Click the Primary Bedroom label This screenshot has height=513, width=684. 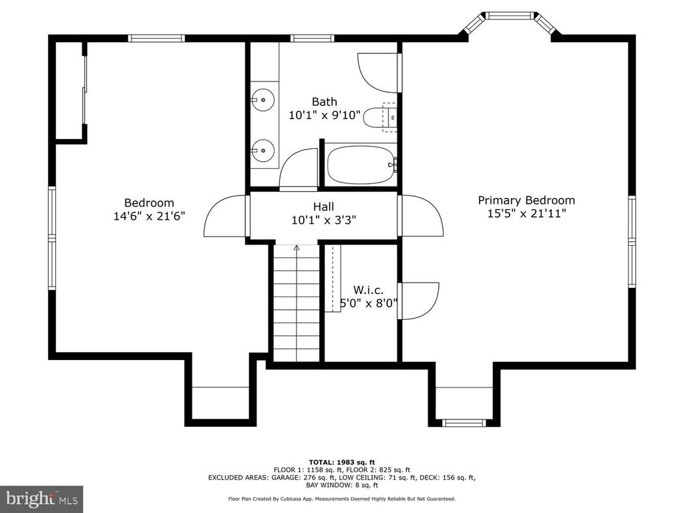point(526,200)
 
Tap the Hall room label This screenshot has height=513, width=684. point(324,207)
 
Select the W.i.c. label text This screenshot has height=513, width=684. point(368,290)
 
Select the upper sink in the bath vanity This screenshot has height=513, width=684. point(263,100)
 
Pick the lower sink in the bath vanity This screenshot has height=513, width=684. point(263,150)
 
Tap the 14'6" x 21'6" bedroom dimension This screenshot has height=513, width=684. point(150,216)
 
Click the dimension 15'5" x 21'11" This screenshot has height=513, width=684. point(526,213)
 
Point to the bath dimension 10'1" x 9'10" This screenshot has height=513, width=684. point(325,115)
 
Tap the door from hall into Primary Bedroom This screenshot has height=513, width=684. point(421,216)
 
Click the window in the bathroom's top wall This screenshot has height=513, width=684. point(313,38)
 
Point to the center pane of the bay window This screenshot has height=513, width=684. point(510,16)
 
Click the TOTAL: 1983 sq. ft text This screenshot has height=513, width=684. point(342,462)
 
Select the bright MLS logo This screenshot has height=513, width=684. point(41,498)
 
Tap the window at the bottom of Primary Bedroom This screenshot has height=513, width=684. point(464,422)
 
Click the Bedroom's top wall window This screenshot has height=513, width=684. point(156,38)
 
